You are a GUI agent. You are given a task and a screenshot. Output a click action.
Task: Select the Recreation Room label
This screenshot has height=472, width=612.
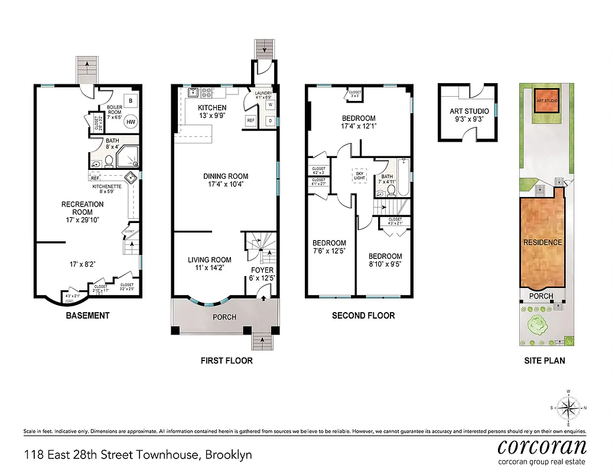(82, 208)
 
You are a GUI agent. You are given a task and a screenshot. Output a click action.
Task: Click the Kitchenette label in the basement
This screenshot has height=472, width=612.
(106, 186)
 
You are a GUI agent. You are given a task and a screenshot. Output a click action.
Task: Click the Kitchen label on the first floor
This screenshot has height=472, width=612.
(212, 107)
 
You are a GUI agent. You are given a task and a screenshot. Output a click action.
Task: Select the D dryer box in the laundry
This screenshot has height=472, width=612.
(270, 120)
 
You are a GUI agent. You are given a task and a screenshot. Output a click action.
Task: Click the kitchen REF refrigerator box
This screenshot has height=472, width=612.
(250, 120)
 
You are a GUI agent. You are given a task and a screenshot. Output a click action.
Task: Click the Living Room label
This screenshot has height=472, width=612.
(209, 260)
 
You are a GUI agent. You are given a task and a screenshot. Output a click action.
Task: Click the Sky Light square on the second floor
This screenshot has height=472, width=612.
(359, 175)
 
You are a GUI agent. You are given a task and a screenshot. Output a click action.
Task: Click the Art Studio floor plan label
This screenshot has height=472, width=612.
(469, 111)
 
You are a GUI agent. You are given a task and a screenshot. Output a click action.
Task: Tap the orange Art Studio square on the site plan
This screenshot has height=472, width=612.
(546, 100)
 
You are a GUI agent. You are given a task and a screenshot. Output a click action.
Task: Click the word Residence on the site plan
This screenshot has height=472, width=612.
(542, 242)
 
